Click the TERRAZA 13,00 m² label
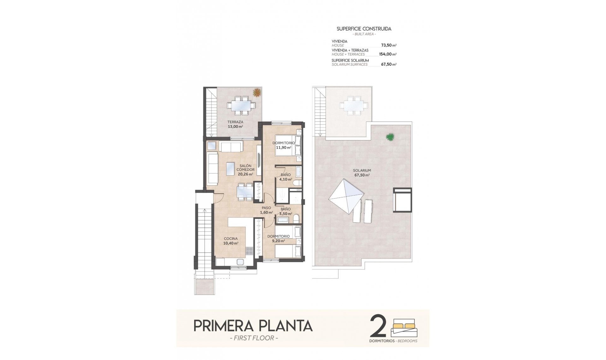pos(235,124)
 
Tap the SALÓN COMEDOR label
pos(245,170)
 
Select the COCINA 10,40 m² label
pos(230,241)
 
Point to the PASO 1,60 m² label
pos(266,210)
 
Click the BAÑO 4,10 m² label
pos(285,177)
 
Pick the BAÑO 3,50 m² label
pos(285,211)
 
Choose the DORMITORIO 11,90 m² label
pos(283,145)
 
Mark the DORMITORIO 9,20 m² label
pos(278,238)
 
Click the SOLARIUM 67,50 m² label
pos(362,172)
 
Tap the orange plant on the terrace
pos(257,92)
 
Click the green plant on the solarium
pos(390,137)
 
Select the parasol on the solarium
pos(346,196)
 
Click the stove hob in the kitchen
pos(249,251)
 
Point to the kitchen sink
pos(240,262)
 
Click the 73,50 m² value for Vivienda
pos(389,45)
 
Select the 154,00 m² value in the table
pos(388,54)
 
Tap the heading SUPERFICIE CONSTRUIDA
pos(364,29)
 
